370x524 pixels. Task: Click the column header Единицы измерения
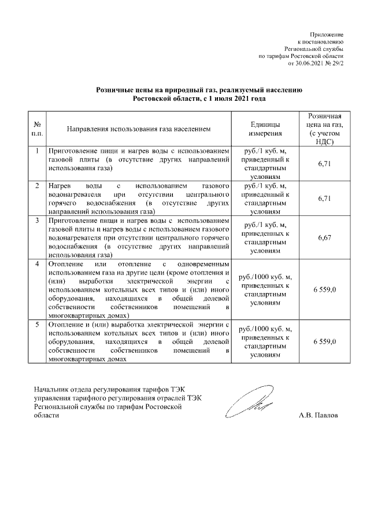click(265, 129)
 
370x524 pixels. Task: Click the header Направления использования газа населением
click(138, 129)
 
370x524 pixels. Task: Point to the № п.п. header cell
click(37, 129)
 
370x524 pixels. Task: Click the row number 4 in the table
click(37, 264)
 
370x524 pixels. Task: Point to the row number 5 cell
click(37, 325)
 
